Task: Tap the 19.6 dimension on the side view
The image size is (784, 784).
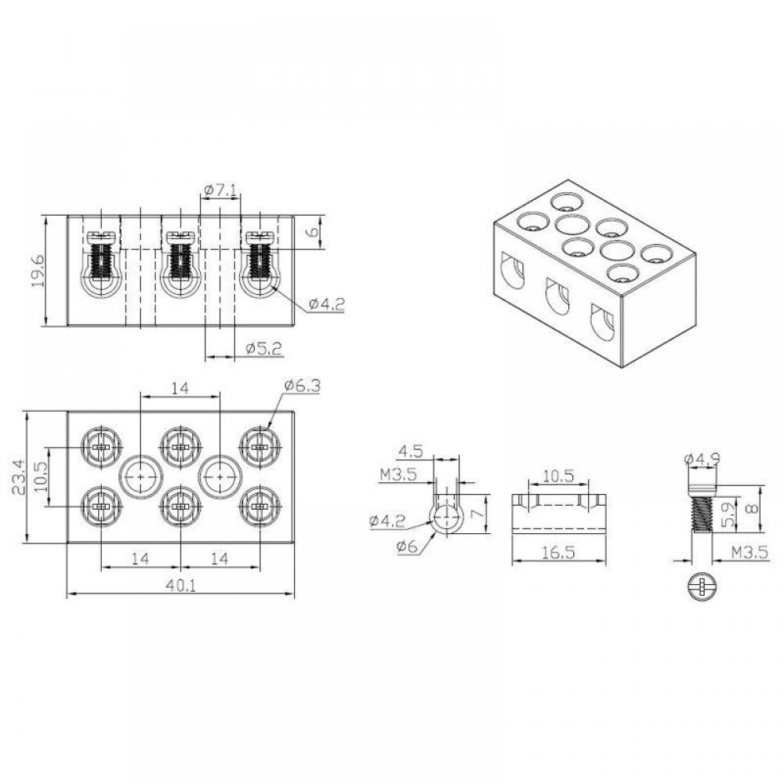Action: [38, 270]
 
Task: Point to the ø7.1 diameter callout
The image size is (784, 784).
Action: [220, 190]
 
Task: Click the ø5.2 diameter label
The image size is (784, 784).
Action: [264, 349]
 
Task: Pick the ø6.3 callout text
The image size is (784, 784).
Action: [302, 386]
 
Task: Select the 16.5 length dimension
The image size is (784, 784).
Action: [559, 552]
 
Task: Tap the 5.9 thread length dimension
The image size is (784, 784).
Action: [728, 515]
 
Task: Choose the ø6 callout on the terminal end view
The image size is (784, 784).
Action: [407, 546]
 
